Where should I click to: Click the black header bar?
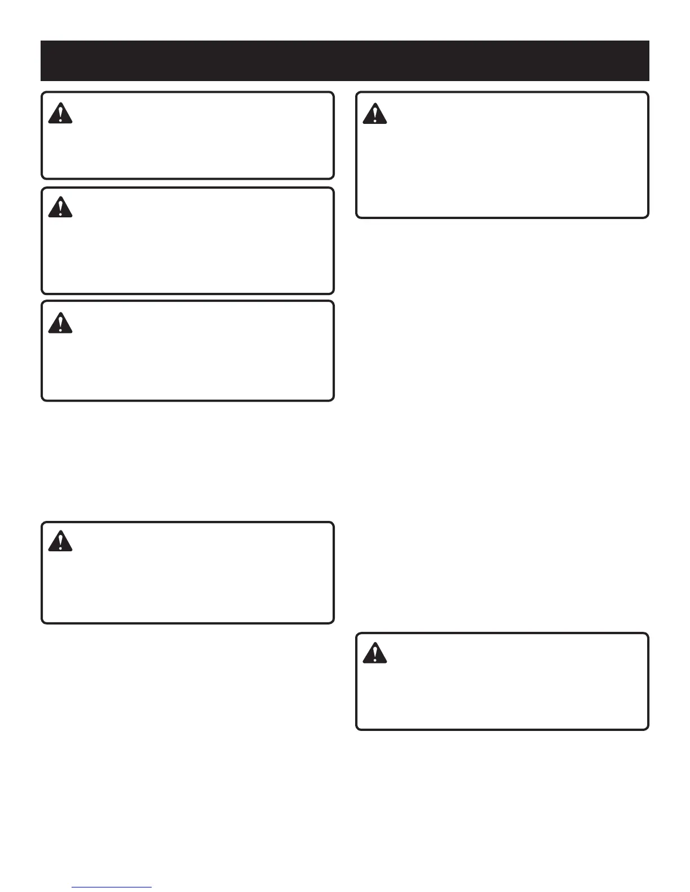tap(345, 61)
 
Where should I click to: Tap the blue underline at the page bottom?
tap(112, 887)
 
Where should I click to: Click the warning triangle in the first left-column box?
tap(60, 114)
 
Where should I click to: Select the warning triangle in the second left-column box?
tap(60, 208)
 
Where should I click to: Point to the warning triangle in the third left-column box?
tap(60, 323)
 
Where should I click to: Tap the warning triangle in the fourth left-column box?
tap(60, 542)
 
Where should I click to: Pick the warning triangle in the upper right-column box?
tap(374, 114)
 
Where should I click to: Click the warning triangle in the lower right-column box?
tap(374, 653)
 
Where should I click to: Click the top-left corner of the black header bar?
tap(41, 41)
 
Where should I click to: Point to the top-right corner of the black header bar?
tap(649, 41)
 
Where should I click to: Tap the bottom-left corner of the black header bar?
tap(41, 81)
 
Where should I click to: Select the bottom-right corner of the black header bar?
tap(649, 81)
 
